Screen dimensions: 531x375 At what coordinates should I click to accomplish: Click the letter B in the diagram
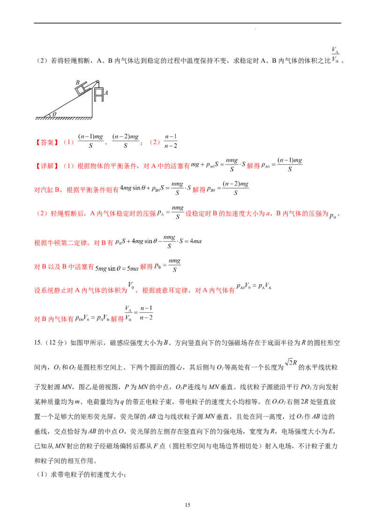pyautogui.click(x=78, y=82)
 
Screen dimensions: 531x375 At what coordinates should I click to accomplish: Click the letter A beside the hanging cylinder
pyautogui.click(x=106, y=93)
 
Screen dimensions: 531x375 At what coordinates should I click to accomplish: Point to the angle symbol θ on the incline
pyautogui.click(x=54, y=114)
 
